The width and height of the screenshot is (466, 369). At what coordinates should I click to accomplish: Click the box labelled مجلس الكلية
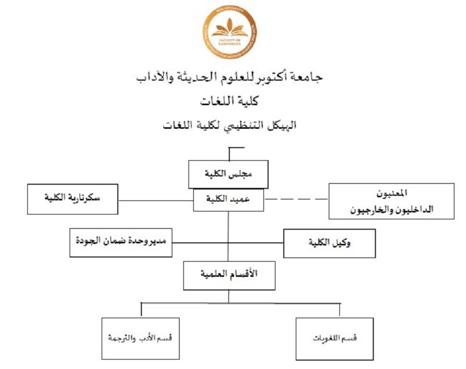tap(228, 174)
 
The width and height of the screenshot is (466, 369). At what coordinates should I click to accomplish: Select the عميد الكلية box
tap(228, 199)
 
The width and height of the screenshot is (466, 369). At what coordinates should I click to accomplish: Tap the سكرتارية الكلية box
tap(72, 199)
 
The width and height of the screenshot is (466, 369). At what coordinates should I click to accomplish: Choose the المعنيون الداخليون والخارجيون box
tap(391, 200)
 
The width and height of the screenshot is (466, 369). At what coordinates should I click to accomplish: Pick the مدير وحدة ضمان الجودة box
tap(121, 243)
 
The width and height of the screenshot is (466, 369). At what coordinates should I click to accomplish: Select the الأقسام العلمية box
tap(229, 275)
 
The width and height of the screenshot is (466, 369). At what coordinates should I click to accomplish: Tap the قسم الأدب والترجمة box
tap(140, 338)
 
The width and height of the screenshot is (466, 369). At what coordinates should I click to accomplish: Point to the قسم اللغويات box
tap(335, 338)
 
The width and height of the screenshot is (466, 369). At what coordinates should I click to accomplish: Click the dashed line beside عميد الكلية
tap(296, 199)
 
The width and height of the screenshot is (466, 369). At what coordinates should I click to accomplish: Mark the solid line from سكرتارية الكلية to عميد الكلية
tap(155, 199)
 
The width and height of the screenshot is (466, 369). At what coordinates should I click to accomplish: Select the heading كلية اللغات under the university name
tap(233, 101)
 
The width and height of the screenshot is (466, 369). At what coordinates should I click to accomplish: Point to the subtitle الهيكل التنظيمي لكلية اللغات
tap(233, 126)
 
